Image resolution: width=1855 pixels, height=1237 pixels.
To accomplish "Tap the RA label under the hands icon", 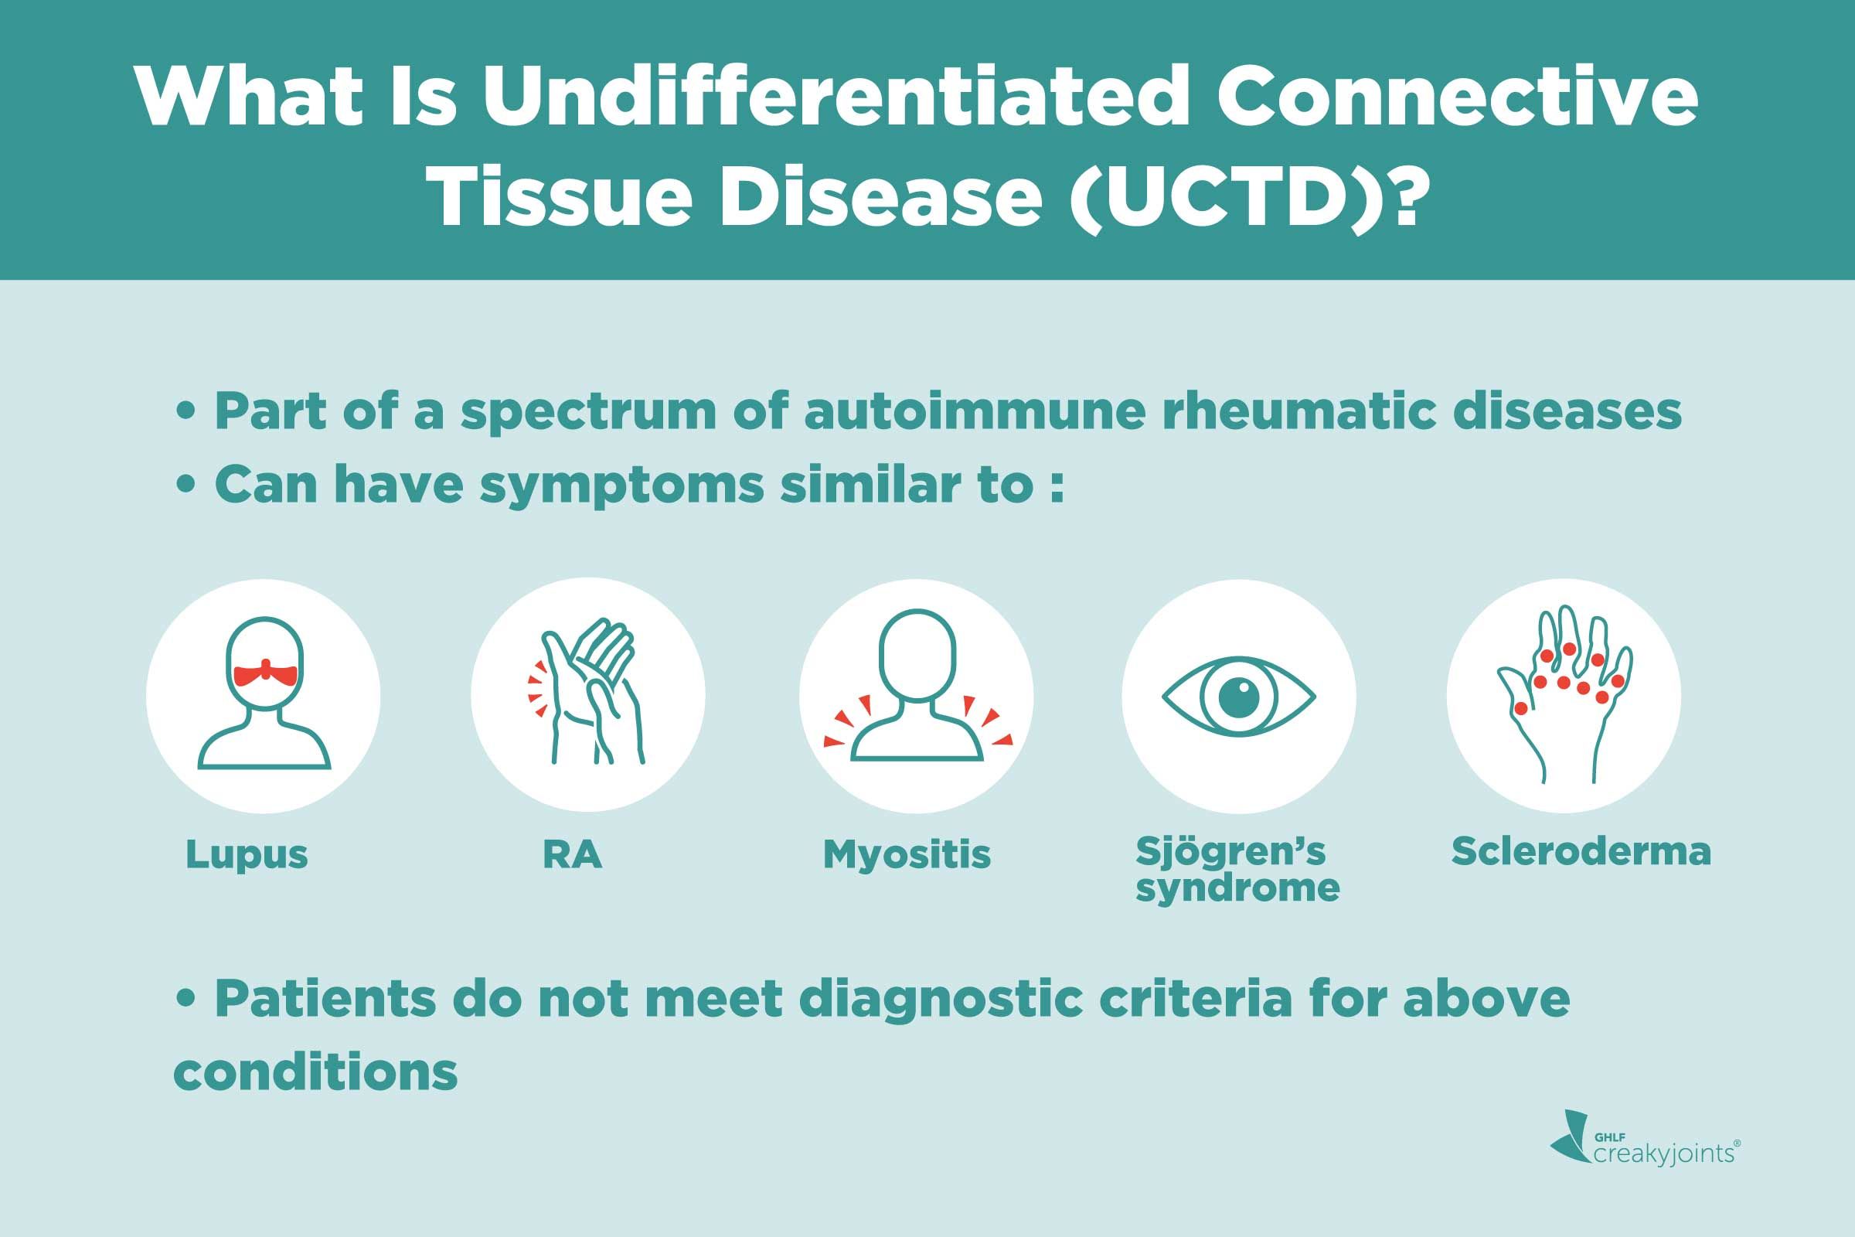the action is pyautogui.click(x=573, y=854).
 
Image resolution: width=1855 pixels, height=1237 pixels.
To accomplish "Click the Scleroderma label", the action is pyautogui.click(x=1581, y=852).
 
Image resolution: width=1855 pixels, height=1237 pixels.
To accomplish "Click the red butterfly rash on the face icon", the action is pyautogui.click(x=267, y=673).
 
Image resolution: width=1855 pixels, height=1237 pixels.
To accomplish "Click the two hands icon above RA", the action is pyautogui.click(x=587, y=693).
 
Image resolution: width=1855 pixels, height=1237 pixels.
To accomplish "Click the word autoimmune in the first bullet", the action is pyautogui.click(x=974, y=412).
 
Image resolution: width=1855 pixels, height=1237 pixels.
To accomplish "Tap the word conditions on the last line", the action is pyautogui.click(x=315, y=1072).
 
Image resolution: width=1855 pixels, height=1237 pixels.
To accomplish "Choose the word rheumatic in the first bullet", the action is pyautogui.click(x=1298, y=412).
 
